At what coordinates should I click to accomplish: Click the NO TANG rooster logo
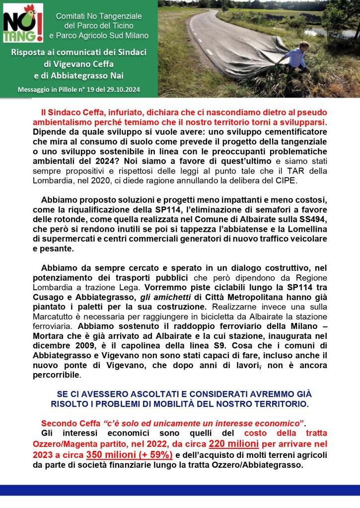point(23,23)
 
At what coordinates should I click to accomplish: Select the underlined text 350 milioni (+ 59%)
point(129,454)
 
